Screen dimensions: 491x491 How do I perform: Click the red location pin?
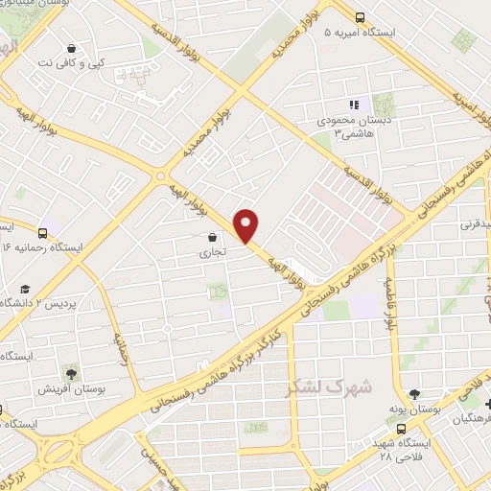[x=247, y=225]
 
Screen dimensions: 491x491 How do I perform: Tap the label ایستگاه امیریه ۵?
[x=367, y=32]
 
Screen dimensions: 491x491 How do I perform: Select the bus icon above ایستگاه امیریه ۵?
[x=361, y=16]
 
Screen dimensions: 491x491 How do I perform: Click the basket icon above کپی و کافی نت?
[x=72, y=48]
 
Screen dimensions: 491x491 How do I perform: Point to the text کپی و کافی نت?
[x=72, y=62]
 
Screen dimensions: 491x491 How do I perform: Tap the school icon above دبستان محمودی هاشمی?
[x=353, y=105]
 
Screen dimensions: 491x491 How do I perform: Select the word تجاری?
[x=210, y=254]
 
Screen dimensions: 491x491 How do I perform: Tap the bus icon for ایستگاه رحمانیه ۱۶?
[x=43, y=232]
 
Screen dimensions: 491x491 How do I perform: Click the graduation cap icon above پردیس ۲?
[x=24, y=289]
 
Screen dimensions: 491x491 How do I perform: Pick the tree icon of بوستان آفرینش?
[x=70, y=373]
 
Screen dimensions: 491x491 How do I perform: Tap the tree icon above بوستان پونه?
[x=413, y=393]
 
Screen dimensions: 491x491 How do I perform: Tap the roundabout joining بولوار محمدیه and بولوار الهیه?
[x=160, y=176]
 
